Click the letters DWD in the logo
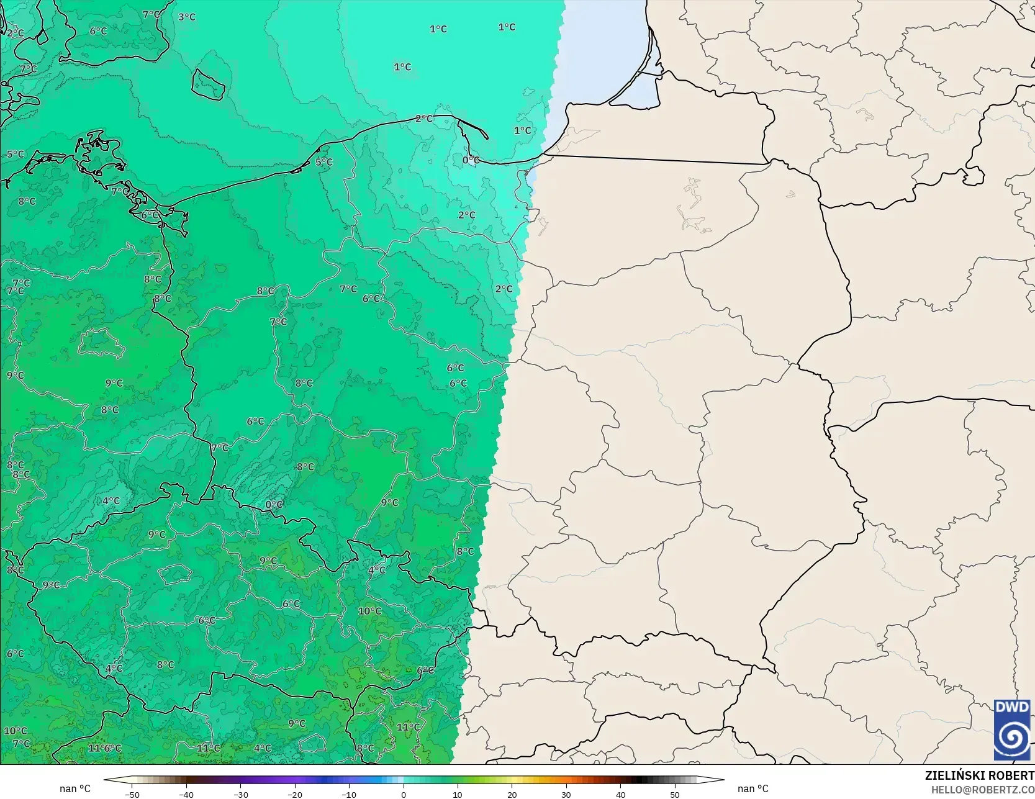[1011, 708]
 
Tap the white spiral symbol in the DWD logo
[1012, 738]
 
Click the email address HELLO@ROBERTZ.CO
[982, 790]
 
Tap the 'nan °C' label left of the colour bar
[75, 788]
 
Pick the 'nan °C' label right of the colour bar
[753, 788]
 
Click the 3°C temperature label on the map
[186, 17]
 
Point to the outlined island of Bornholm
[207, 84]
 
